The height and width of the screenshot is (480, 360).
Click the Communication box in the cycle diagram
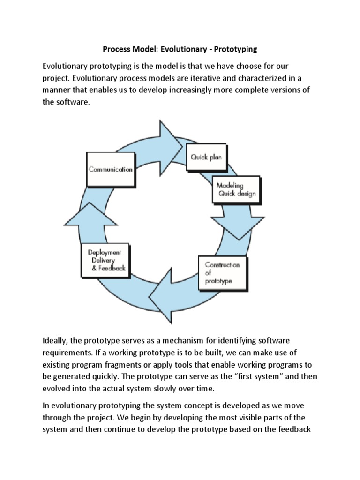pos(111,169)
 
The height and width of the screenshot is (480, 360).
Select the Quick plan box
pos(206,157)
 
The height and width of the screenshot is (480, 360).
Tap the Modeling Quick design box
pos(235,190)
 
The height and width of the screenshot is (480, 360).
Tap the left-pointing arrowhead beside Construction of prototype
pos(162,293)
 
